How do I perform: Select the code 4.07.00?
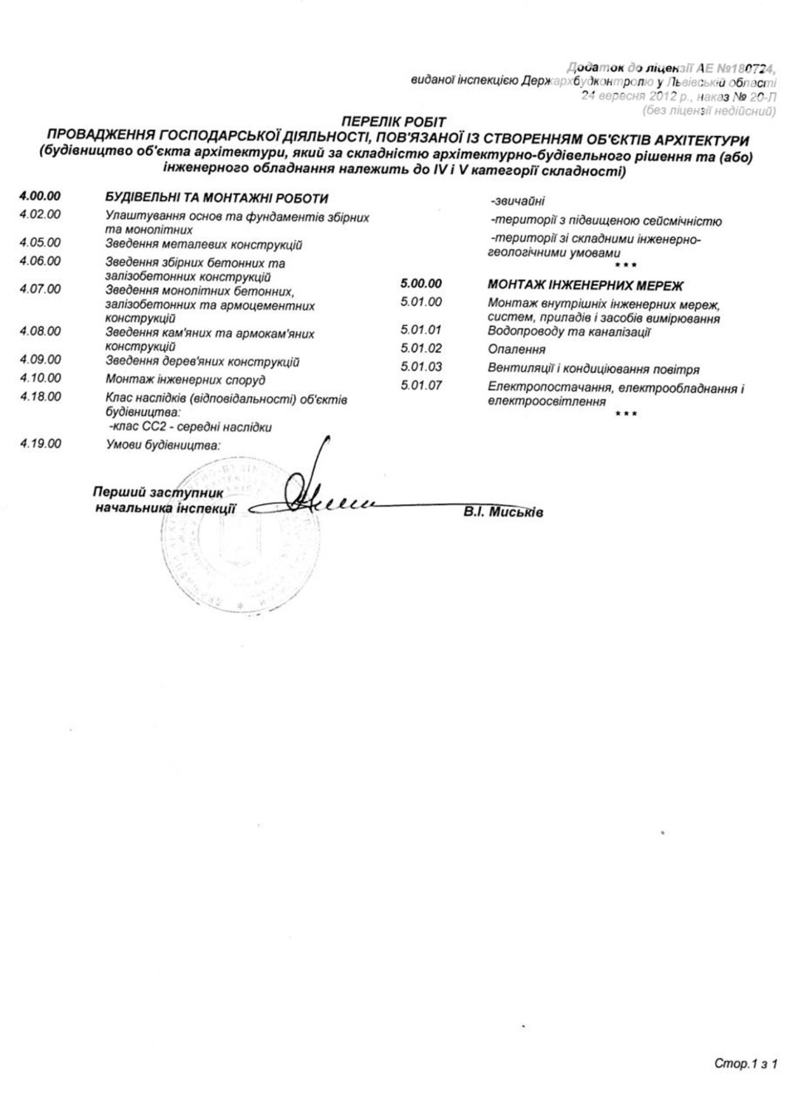click(40, 289)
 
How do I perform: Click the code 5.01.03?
click(421, 366)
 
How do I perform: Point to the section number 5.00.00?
click(420, 283)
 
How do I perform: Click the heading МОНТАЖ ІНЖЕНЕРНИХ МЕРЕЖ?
click(585, 285)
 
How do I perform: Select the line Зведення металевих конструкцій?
click(204, 245)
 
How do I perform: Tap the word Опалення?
click(516, 349)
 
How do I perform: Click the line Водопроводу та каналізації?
click(569, 332)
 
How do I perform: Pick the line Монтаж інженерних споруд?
click(185, 380)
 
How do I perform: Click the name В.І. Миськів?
click(504, 511)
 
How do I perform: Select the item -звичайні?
click(517, 201)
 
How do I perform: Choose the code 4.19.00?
click(40, 444)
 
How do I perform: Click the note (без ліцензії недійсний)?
click(709, 112)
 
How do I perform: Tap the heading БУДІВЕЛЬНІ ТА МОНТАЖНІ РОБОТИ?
click(216, 198)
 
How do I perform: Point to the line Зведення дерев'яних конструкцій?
click(202, 362)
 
